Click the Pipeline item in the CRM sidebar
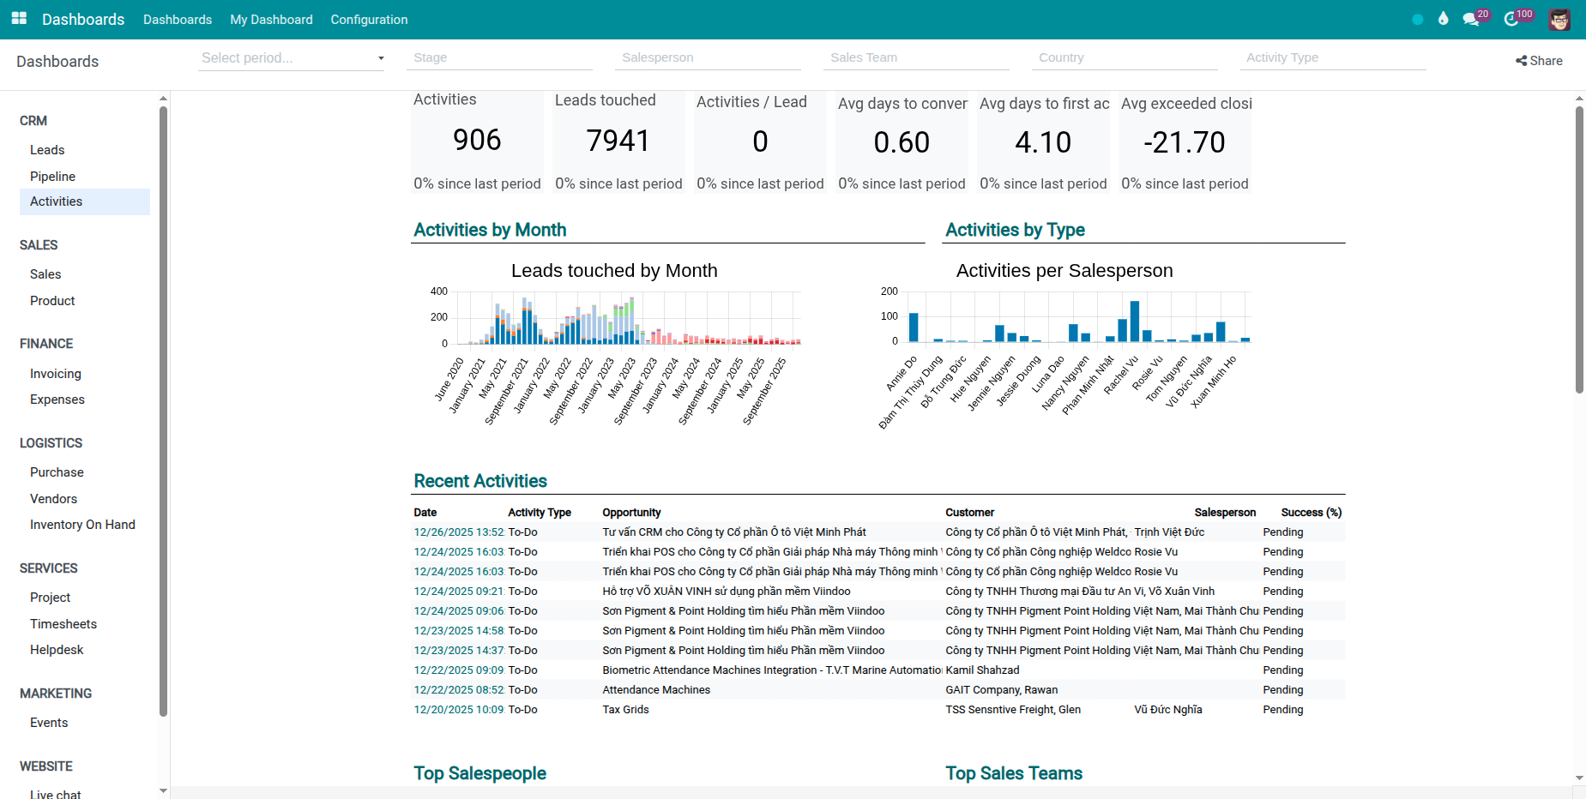coord(52,176)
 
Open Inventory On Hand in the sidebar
coord(82,524)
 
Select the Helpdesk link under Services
coord(57,649)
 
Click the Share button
coord(1539,61)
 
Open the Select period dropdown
coord(291,57)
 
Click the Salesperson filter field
coord(708,57)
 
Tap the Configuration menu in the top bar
coord(369,19)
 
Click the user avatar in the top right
coord(1559,19)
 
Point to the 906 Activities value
coord(477,140)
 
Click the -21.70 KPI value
coord(1184,142)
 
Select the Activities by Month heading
coord(490,230)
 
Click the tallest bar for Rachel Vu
coord(1135,321)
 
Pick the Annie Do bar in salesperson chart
coord(914,327)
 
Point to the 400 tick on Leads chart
coord(438,291)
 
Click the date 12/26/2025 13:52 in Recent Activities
coord(459,532)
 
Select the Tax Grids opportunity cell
coord(625,709)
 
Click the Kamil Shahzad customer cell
coord(982,670)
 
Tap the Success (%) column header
coord(1311,512)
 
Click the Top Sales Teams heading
coord(1014,773)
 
